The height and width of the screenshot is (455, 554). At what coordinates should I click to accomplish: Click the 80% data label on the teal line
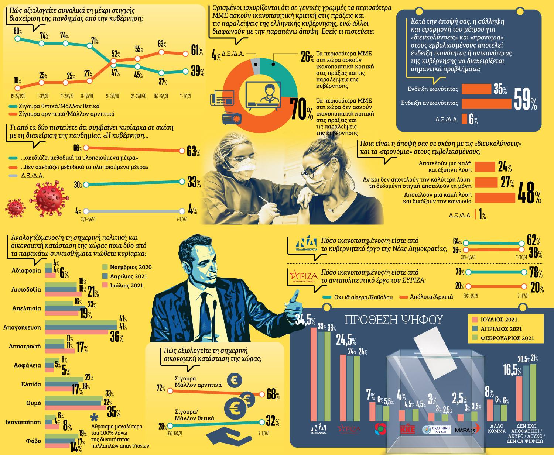17,30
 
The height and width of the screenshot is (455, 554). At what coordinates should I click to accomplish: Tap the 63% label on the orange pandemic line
161,44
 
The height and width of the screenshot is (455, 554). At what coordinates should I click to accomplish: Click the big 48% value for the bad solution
530,192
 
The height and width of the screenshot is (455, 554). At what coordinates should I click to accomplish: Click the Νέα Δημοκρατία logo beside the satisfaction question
307,244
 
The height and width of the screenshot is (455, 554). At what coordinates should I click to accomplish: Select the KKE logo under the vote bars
408,430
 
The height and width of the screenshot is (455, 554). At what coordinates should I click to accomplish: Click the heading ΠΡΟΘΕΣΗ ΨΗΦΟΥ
393,320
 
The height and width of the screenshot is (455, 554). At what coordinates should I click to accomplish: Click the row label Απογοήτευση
22,327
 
